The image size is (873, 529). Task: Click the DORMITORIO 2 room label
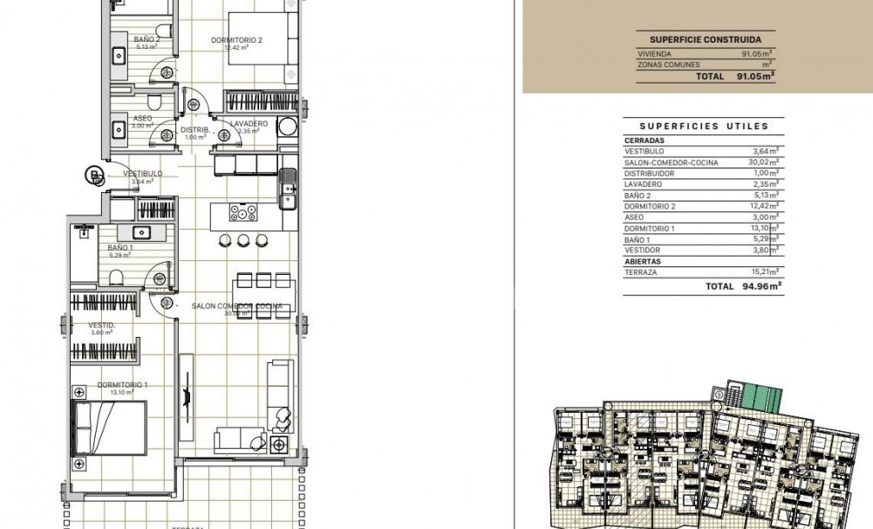coord(236,40)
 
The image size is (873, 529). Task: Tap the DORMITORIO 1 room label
coord(122,385)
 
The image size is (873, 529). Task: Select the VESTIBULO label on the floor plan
coord(142,174)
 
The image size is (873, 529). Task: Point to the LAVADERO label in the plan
coord(249,124)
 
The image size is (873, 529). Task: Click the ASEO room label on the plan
coord(142,119)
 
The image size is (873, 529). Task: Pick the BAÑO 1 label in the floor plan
coord(120,248)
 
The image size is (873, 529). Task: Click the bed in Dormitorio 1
coord(109,428)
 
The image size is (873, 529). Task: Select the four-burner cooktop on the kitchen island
coord(242,211)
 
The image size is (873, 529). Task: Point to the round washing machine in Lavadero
coord(287,127)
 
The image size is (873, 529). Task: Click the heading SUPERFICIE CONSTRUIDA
coord(705,39)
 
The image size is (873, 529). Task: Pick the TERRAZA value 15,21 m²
coord(765,272)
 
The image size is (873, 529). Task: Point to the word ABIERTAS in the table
coord(643,261)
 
